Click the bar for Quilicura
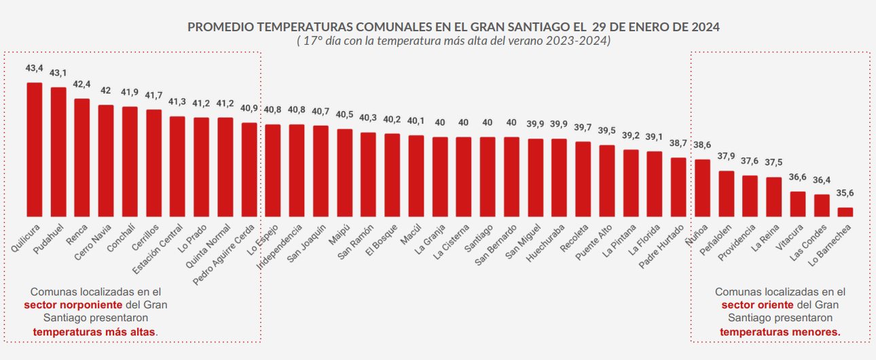click(34, 149)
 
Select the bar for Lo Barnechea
click(845, 212)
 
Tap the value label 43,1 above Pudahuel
click(58, 73)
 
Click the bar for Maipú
click(344, 173)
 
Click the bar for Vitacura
click(797, 204)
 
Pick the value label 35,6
click(845, 193)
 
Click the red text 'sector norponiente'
click(73, 304)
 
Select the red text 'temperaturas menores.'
click(780, 331)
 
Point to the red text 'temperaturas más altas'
click(94, 331)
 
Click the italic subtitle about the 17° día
click(453, 41)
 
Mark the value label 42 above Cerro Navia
click(106, 90)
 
